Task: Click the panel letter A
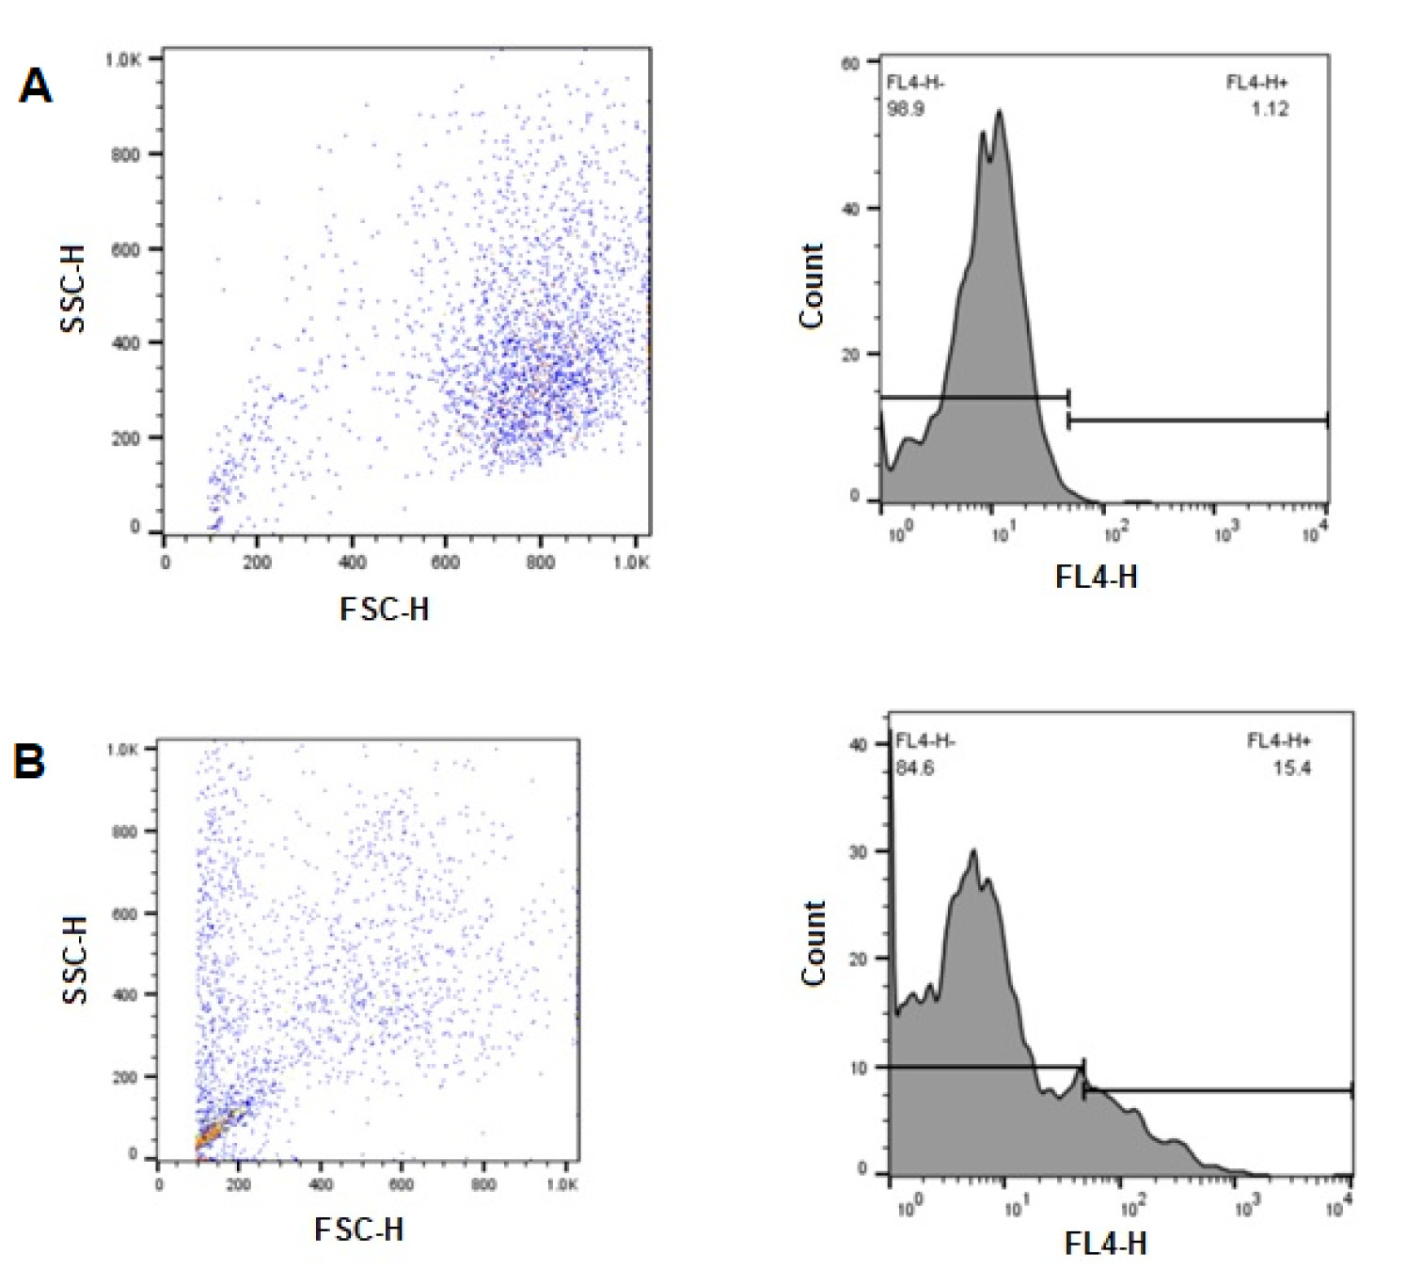tap(35, 87)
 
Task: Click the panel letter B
tap(29, 761)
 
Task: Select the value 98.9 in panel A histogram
tap(906, 109)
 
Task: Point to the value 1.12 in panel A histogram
tap(1271, 109)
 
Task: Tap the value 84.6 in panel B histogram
tap(915, 769)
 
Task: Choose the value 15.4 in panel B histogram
tap(1292, 769)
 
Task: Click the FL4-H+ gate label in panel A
tap(1257, 83)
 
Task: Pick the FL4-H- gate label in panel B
tap(925, 741)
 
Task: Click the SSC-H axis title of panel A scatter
tap(73, 289)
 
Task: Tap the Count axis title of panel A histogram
tap(812, 286)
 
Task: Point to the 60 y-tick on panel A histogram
tap(850, 63)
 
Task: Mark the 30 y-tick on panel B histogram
tap(859, 852)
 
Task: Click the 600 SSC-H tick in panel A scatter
tap(126, 249)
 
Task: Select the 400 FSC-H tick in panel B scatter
tap(321, 1184)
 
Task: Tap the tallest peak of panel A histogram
tap(999, 111)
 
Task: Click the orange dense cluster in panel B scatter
tap(214, 1131)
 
